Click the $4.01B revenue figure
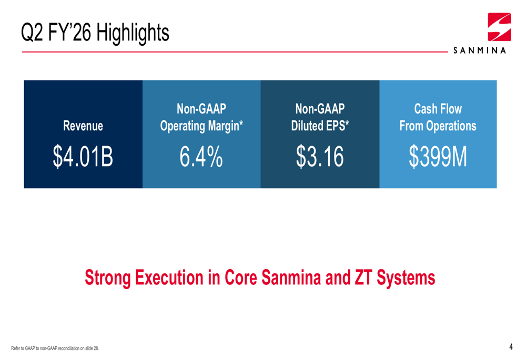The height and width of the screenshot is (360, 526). (x=83, y=157)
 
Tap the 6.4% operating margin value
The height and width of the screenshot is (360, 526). (x=201, y=157)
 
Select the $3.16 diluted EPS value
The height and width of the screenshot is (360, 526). (x=320, y=157)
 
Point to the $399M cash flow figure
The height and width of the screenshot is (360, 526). (x=438, y=157)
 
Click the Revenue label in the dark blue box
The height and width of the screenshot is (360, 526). (x=83, y=126)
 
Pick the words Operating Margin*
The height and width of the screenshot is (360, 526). (x=201, y=127)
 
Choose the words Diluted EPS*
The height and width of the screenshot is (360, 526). (x=320, y=127)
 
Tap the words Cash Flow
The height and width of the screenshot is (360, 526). (x=438, y=109)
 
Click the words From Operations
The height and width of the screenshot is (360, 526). (x=438, y=127)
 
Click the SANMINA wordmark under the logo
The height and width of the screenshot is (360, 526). (x=480, y=51)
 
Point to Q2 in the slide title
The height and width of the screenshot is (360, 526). (x=31, y=33)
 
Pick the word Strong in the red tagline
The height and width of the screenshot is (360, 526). (x=108, y=277)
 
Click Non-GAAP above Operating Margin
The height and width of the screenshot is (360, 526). (x=201, y=109)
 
